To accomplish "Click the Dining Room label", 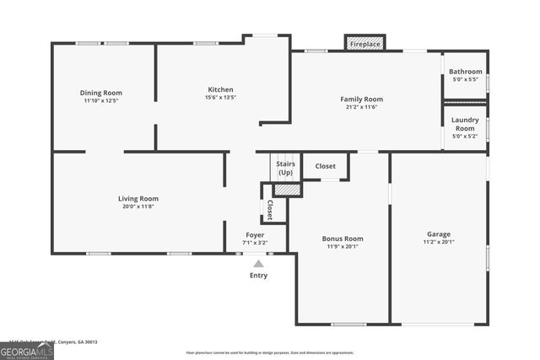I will tap(101, 93).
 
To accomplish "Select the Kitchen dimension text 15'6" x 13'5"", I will tap(220, 98).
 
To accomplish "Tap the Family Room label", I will tap(361, 99).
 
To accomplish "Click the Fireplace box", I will tap(364, 43).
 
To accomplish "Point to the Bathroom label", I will tap(465, 73).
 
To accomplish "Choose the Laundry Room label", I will tap(465, 124).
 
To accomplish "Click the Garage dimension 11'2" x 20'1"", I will tap(438, 242).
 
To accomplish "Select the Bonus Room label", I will tap(343, 239).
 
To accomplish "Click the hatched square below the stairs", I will tap(287, 190).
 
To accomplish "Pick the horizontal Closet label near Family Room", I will tap(325, 166).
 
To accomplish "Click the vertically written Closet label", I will tap(270, 209).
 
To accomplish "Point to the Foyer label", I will tap(255, 234).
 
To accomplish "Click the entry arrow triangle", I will tap(258, 264).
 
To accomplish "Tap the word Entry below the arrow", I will tap(258, 276).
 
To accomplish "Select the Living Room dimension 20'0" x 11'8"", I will tap(138, 207).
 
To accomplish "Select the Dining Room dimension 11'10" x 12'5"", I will tap(101, 100).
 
